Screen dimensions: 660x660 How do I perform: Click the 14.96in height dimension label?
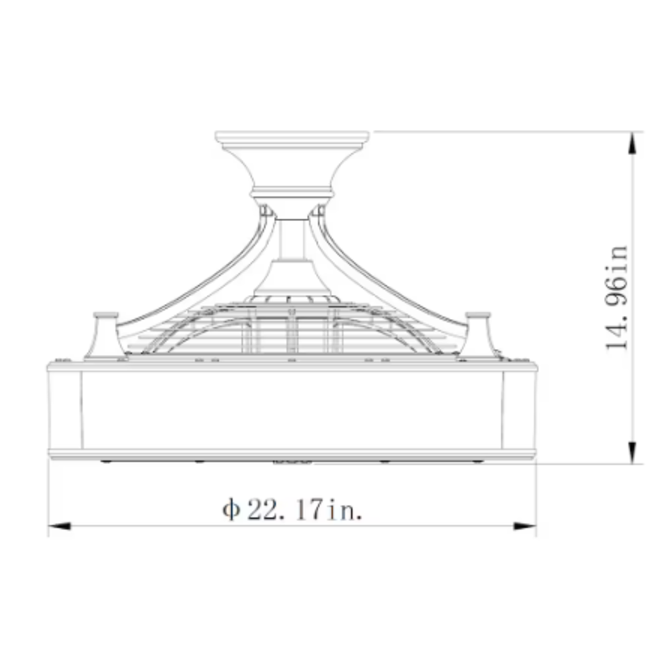616,298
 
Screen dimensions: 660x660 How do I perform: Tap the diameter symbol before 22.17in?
231,509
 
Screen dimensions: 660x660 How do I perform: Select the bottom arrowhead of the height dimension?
632,452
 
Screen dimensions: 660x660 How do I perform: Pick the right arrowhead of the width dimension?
525,526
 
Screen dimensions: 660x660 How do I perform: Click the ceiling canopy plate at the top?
292,137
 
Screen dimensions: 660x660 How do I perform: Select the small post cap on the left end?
105,316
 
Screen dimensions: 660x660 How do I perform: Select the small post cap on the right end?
478,316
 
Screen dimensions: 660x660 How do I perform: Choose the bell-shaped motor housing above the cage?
292,278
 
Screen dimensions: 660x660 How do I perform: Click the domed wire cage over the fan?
292,328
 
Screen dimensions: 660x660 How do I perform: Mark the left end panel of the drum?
65,410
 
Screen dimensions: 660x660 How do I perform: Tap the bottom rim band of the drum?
292,454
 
